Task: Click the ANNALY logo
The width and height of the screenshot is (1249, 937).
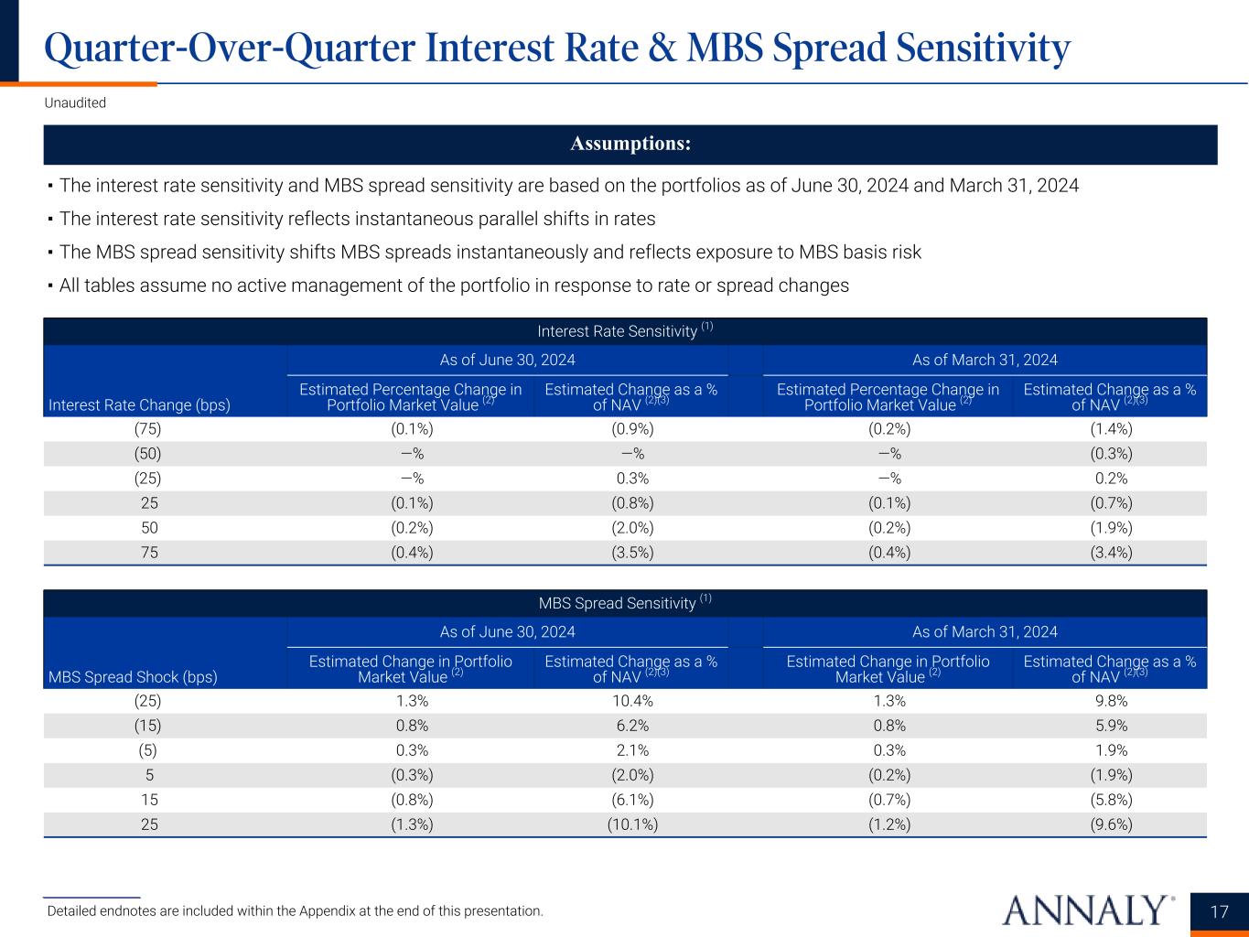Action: [1088, 910]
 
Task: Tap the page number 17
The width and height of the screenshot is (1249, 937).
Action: [1219, 911]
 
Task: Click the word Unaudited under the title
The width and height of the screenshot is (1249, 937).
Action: [75, 103]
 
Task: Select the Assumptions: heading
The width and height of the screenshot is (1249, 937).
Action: [630, 145]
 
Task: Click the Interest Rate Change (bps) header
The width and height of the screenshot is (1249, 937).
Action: [139, 404]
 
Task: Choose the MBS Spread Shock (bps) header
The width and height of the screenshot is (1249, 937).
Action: [133, 677]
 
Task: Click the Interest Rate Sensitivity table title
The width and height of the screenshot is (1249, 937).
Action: [625, 331]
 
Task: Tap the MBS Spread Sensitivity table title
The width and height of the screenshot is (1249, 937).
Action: [625, 603]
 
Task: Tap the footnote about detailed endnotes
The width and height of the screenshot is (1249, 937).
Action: [295, 911]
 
